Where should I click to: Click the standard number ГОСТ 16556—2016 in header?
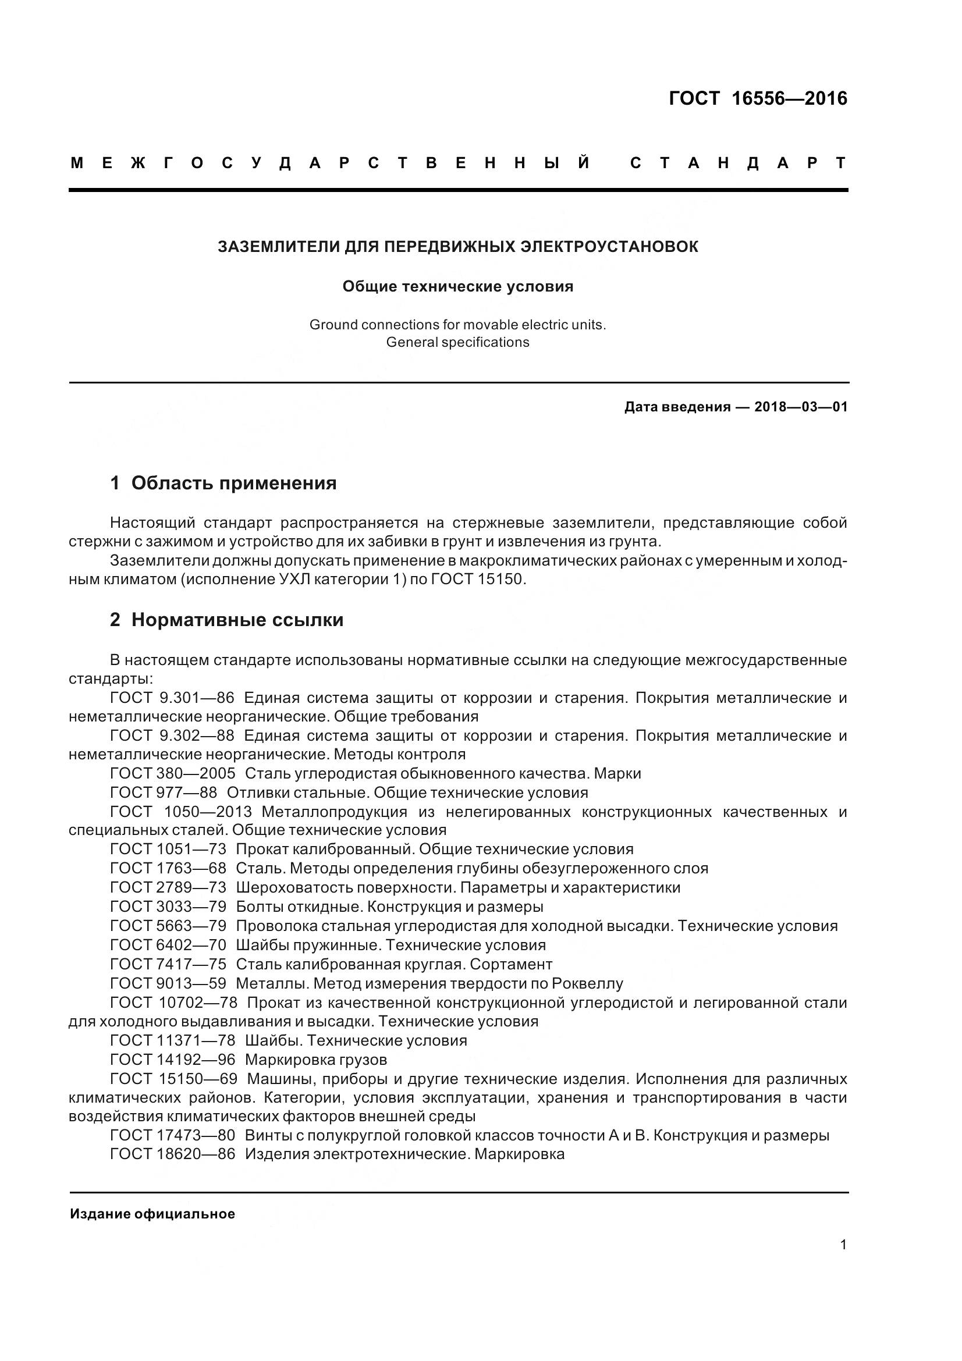758,98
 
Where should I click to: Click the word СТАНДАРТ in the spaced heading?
738,163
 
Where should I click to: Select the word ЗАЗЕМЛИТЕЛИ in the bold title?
279,247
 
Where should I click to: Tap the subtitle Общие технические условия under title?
457,287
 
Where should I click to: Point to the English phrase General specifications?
457,343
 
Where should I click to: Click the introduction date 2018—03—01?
801,407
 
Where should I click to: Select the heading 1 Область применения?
223,483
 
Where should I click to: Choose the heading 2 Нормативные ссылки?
226,620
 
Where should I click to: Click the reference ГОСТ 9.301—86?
172,698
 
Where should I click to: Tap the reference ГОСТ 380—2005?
172,773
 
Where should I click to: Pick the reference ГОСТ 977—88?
164,793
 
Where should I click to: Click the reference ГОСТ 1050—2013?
181,812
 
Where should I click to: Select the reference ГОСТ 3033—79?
168,907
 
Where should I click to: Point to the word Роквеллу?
587,983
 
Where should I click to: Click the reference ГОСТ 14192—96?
172,1059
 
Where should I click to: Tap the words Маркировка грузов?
315,1059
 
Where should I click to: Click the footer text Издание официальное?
152,1214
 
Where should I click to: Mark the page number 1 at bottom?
843,1245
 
